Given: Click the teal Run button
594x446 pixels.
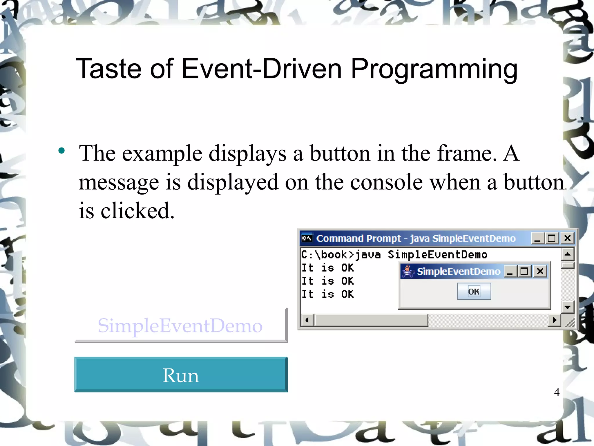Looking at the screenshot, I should pos(181,375).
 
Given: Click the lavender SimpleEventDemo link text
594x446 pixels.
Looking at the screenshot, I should pos(180,325).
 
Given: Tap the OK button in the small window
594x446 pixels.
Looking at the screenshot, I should pos(474,291).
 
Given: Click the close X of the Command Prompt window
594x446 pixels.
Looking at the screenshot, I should pos(567,238).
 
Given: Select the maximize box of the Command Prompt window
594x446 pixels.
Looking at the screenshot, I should pos(552,238).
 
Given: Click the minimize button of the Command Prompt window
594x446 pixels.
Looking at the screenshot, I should pos(537,238).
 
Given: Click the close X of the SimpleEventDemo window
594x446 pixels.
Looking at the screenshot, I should pos(540,271).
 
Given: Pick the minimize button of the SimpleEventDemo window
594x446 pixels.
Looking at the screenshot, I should pos(510,271).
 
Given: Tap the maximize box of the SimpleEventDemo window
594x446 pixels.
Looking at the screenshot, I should pos(524,271).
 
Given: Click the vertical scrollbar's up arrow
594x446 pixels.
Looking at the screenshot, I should pos(568,255).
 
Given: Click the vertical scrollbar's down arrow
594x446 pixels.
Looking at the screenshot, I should pos(568,307).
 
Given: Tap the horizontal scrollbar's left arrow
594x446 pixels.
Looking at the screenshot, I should pos(307,320).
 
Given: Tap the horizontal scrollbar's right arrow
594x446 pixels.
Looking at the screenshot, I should pos(555,320).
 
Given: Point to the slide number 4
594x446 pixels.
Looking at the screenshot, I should pos(557,392).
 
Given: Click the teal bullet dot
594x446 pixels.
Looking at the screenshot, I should pos(61,151).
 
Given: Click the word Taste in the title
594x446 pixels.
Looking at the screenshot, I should pos(109,69).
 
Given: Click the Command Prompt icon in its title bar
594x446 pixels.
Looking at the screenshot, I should pos(307,238).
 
